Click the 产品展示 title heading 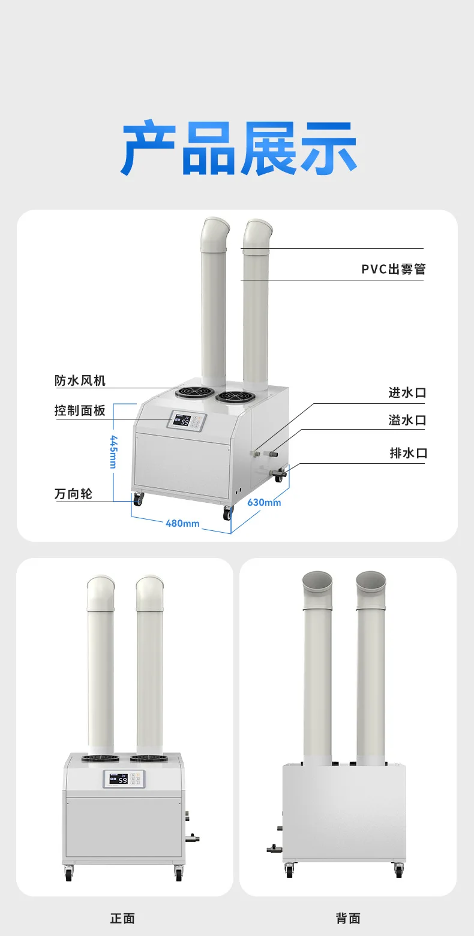pyautogui.click(x=239, y=148)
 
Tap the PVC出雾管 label pyautogui.click(x=393, y=269)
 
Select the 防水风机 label pyautogui.click(x=80, y=381)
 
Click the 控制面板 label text pyautogui.click(x=80, y=410)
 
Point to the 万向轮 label pyautogui.click(x=73, y=494)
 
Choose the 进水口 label pyautogui.click(x=407, y=392)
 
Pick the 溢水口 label pyautogui.click(x=407, y=420)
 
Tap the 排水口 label pyautogui.click(x=409, y=453)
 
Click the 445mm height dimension pyautogui.click(x=113, y=452)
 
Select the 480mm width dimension pyautogui.click(x=182, y=523)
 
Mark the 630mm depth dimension pyautogui.click(x=264, y=502)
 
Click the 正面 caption pyautogui.click(x=122, y=919)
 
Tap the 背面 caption pyautogui.click(x=348, y=919)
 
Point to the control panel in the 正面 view pyautogui.click(x=124, y=780)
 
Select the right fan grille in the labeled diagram pyautogui.click(x=232, y=396)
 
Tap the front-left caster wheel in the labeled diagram pyautogui.click(x=138, y=499)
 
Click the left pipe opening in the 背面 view pyautogui.click(x=317, y=581)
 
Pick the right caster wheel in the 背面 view pyautogui.click(x=398, y=870)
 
